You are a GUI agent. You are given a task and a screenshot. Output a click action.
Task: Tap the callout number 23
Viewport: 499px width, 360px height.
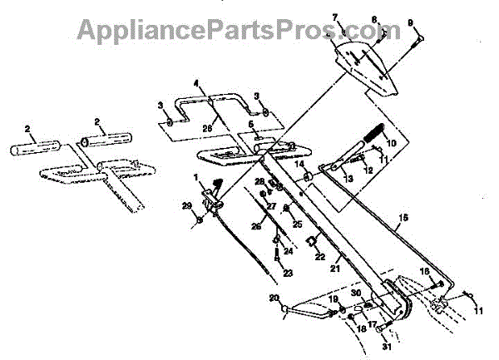point(276,271)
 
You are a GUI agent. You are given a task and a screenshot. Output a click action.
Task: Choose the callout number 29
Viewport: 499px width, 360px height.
point(187,205)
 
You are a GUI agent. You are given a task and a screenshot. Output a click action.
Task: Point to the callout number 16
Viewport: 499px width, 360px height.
point(424,271)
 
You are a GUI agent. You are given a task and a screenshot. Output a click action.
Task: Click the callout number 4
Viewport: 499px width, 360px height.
point(197,83)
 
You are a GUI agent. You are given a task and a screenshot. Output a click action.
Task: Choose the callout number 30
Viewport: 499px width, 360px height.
point(356,293)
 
